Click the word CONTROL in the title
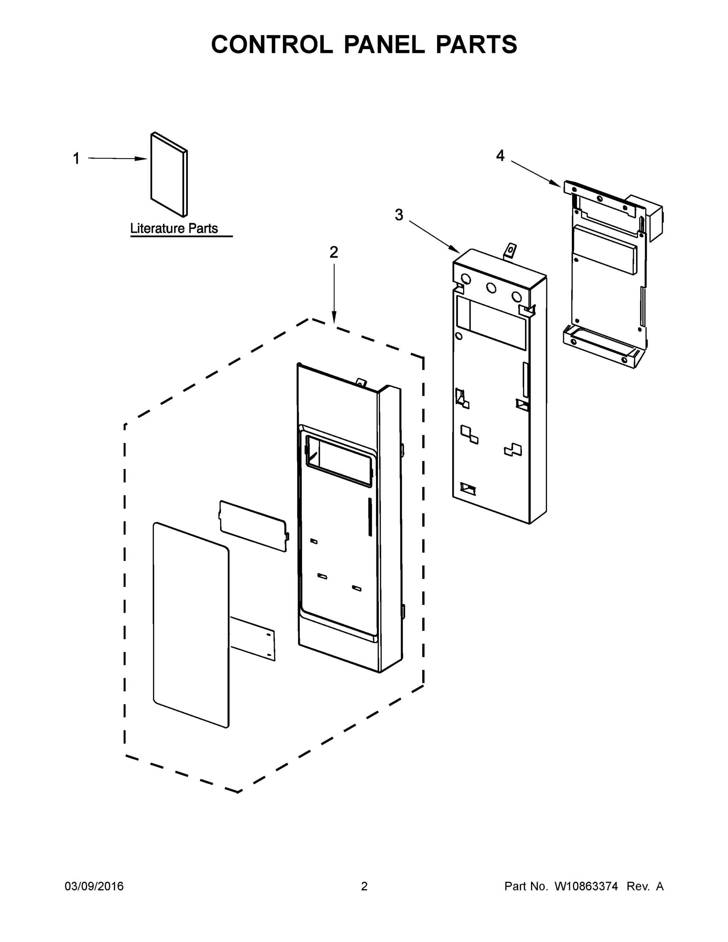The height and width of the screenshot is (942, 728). pyautogui.click(x=272, y=44)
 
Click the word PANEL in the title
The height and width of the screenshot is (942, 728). pyautogui.click(x=384, y=44)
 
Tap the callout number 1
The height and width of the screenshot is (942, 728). pyautogui.click(x=77, y=159)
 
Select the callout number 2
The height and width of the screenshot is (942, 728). pyautogui.click(x=334, y=252)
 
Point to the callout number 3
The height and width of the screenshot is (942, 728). pyautogui.click(x=399, y=215)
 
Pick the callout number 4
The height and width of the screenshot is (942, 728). pyautogui.click(x=500, y=156)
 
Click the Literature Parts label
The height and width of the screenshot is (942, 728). pyautogui.click(x=174, y=228)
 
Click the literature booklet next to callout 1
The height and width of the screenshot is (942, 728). pyautogui.click(x=168, y=175)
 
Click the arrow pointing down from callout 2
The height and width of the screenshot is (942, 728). pyautogui.click(x=334, y=293)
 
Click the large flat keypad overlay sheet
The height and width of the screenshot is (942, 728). pyautogui.click(x=191, y=625)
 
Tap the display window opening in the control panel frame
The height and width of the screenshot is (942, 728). pyautogui.click(x=339, y=461)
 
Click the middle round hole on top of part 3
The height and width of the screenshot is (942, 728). pyautogui.click(x=491, y=288)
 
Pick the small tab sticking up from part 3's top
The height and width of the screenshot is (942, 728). pyautogui.click(x=510, y=250)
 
